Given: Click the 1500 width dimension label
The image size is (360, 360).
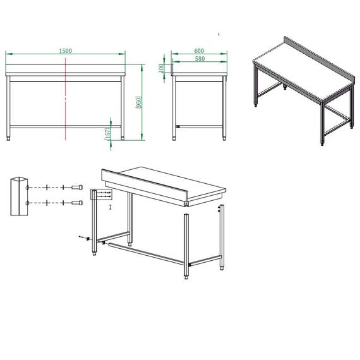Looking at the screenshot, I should (66, 50).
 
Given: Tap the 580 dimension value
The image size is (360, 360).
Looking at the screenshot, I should (200, 59).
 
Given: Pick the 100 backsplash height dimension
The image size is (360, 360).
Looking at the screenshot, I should (162, 67).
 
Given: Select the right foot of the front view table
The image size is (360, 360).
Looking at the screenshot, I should (123, 136).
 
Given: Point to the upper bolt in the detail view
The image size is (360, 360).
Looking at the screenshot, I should (76, 188).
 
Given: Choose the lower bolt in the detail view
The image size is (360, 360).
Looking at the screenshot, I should (76, 202).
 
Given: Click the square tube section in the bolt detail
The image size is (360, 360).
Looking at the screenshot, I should (18, 196).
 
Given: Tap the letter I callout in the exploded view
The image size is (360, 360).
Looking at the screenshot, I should (110, 207).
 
